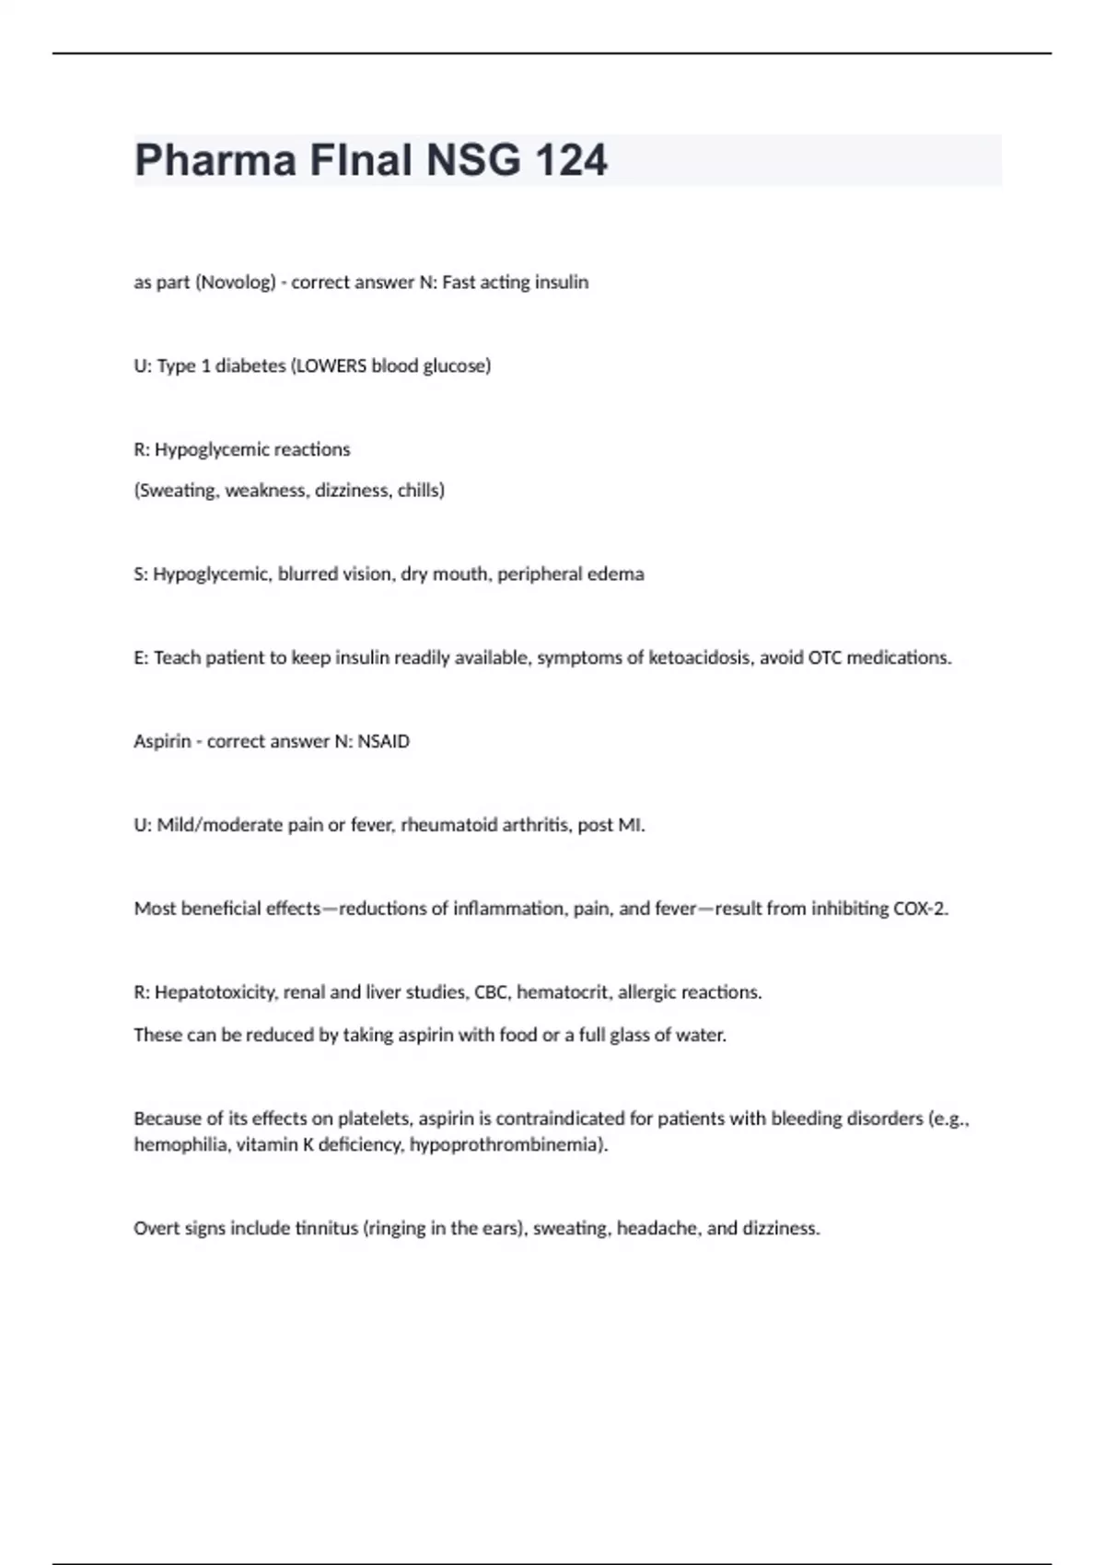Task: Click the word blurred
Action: tap(308, 574)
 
